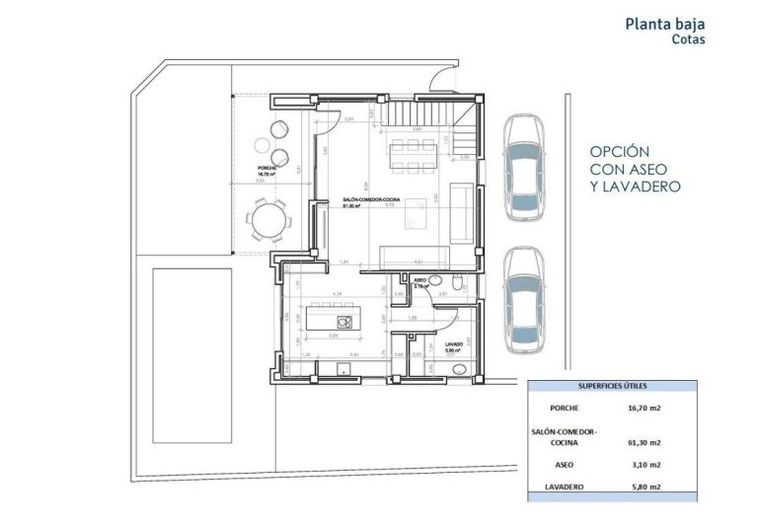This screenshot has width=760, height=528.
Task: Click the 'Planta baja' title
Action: pos(665,23)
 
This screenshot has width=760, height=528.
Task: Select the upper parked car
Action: pos(520,169)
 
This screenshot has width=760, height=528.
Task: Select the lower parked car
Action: pos(521,298)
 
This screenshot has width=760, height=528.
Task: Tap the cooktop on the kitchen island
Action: pos(344,321)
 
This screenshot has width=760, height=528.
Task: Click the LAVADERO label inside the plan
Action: pos(454,344)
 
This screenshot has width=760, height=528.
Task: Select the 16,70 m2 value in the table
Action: pos(642,408)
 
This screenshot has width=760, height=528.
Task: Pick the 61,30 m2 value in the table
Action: pos(642,442)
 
